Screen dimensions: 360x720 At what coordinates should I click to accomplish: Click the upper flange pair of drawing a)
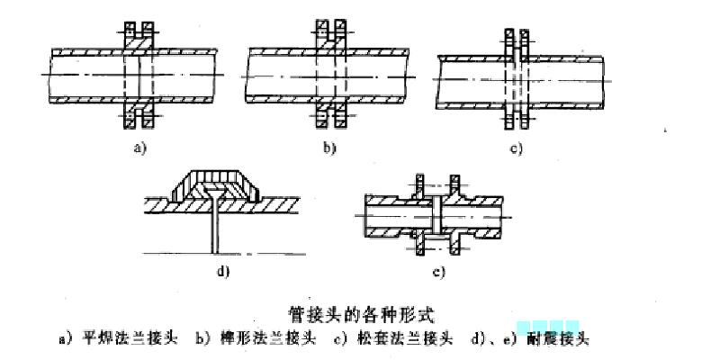pos(139,33)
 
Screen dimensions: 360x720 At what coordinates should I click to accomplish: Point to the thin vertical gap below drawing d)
pos(214,236)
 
